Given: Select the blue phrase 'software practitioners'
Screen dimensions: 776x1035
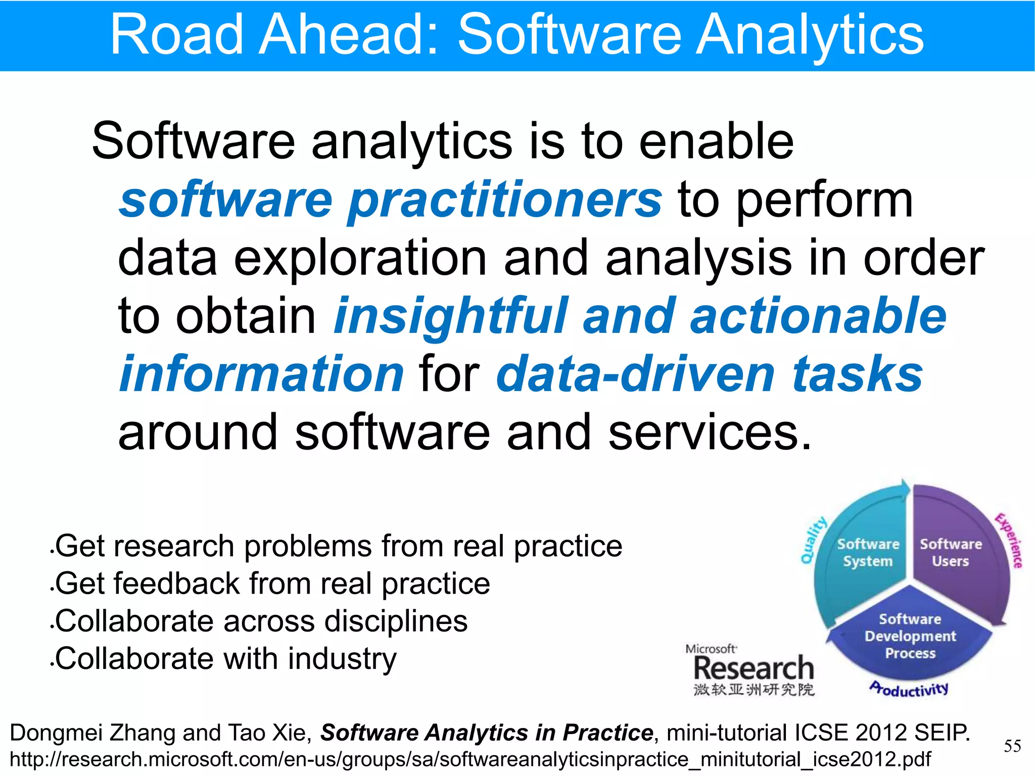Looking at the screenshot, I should (x=390, y=201).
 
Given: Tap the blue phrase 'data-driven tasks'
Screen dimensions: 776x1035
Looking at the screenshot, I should (x=710, y=374).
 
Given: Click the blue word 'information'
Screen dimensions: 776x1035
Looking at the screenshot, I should (x=261, y=374).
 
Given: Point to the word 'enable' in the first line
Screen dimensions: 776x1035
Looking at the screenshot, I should (x=716, y=142).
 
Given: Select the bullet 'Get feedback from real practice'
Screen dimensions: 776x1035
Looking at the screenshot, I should (x=272, y=584).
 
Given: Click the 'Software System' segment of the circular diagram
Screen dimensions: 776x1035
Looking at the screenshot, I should (x=868, y=552).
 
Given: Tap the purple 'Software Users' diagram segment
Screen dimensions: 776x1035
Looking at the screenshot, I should (x=951, y=552).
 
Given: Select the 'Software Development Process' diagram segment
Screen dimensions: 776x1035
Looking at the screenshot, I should (x=910, y=636).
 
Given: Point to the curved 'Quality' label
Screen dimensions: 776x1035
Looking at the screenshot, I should (x=813, y=540).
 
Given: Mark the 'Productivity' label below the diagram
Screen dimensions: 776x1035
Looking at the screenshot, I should (x=909, y=689).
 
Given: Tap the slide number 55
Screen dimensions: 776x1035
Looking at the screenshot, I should (x=1012, y=746).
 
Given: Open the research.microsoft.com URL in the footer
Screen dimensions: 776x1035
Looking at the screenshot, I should (x=470, y=759).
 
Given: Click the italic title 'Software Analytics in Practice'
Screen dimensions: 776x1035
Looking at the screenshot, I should (x=487, y=733).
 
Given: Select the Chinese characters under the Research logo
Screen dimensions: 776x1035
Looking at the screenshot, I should (x=754, y=690).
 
